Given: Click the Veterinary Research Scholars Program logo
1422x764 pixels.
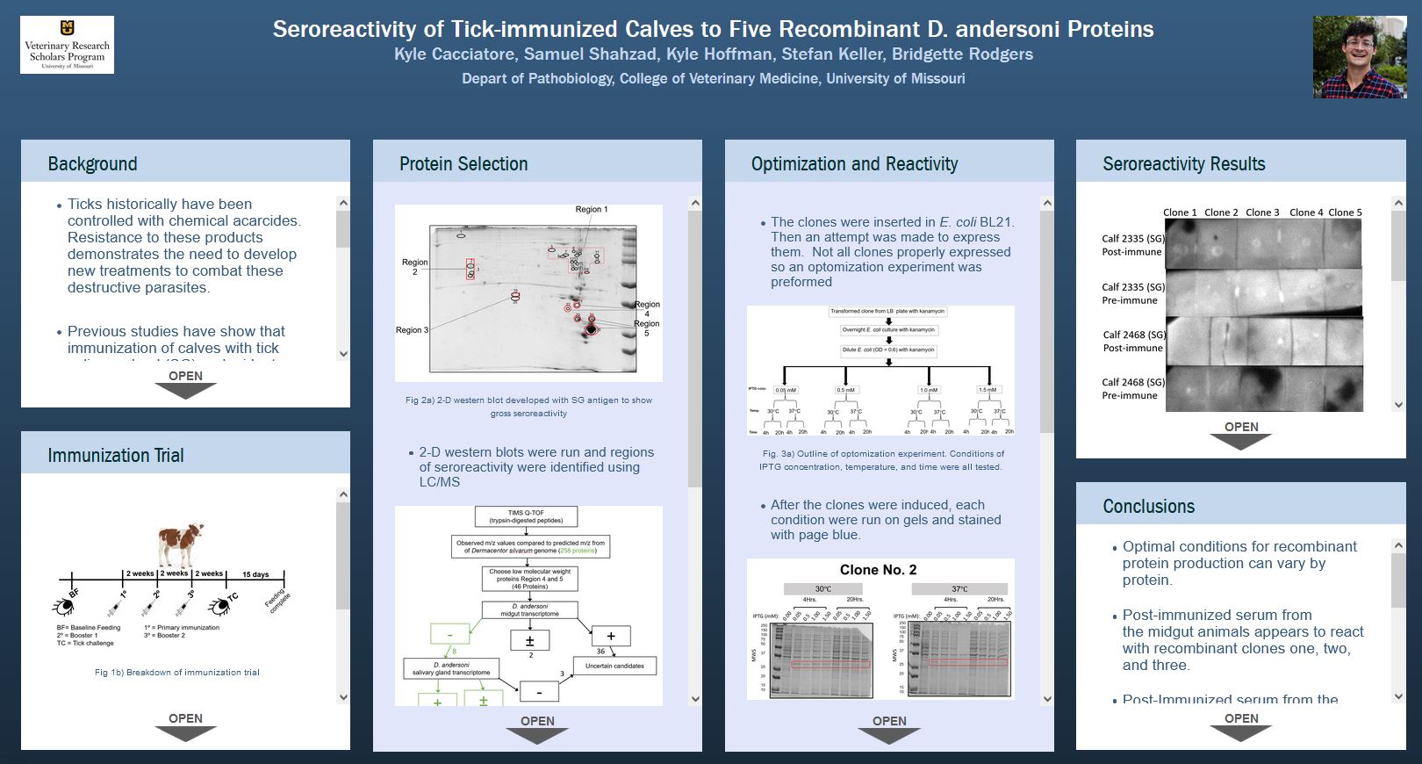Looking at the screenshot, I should (67, 45).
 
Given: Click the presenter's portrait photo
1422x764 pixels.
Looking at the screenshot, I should (1359, 57).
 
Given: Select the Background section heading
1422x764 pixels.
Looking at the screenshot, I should (92, 163).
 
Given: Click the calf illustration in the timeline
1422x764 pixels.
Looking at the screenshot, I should (181, 544).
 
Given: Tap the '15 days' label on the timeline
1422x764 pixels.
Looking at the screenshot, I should (255, 574).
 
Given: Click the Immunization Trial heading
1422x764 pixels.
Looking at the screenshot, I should (116, 455).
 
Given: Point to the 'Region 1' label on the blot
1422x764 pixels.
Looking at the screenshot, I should (591, 209).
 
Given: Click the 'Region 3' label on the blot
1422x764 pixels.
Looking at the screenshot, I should (412, 330).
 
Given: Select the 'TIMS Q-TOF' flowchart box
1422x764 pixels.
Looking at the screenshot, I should (527, 516).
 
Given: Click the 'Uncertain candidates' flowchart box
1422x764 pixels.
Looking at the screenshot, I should (614, 666).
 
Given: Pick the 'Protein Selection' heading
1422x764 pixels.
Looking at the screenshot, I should (463, 163).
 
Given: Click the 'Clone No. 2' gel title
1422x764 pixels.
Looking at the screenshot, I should (878, 570).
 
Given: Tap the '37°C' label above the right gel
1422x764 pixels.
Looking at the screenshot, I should (959, 589).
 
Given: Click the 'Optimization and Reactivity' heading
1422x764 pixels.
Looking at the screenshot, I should (854, 163).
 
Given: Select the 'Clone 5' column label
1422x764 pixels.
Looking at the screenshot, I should (1345, 213).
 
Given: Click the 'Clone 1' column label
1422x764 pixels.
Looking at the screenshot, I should (1180, 213).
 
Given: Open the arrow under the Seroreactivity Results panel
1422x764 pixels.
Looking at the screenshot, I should (1241, 435).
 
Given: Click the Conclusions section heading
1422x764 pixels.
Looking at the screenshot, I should (1148, 506).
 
